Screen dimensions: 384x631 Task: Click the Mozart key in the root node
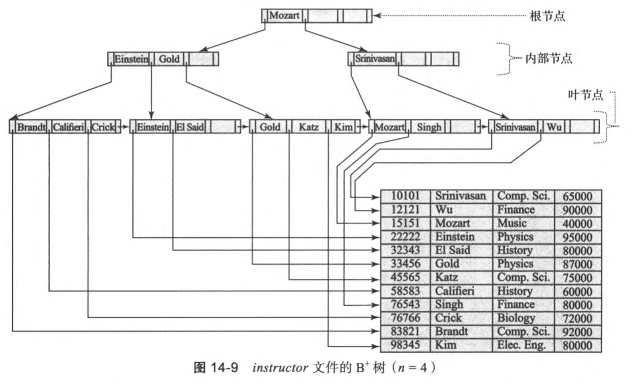[284, 16]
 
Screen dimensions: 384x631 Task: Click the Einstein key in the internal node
[132, 59]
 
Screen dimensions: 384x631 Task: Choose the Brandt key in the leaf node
[32, 127]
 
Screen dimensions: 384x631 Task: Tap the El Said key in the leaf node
[190, 127]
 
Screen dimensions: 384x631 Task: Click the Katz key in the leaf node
[308, 127]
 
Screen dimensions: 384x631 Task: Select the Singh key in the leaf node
[428, 127]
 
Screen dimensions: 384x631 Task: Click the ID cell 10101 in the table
[405, 196]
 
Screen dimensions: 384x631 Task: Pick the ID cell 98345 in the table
[405, 345]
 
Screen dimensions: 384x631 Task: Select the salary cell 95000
[577, 237]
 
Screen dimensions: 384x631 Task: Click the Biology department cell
[516, 318]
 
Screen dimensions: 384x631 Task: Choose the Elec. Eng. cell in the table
[523, 345]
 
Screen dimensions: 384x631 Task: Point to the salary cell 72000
[577, 318]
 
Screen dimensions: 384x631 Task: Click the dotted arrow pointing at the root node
[447, 16]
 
